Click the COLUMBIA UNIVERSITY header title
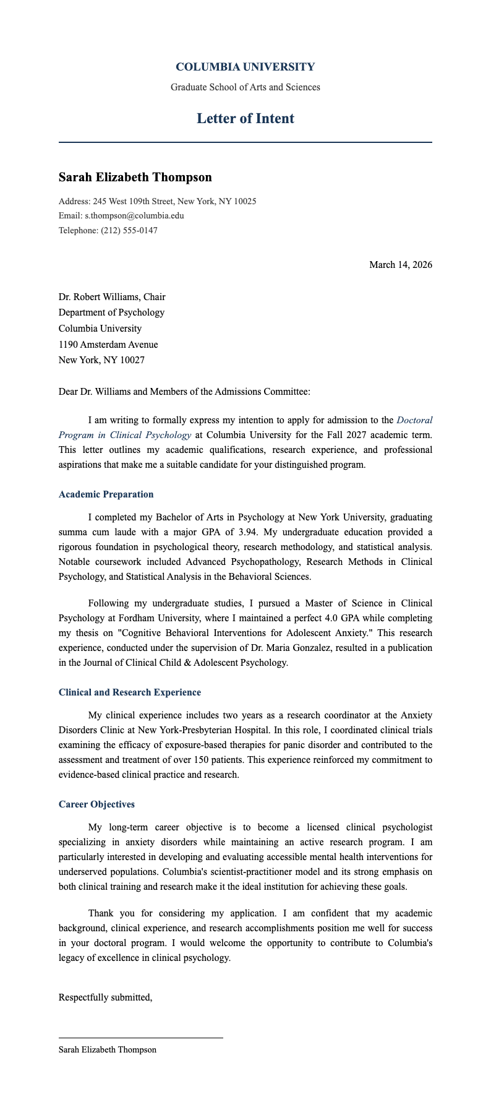(x=245, y=67)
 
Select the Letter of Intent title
(x=245, y=118)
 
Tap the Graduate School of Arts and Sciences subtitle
(x=245, y=87)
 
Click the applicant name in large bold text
(x=135, y=177)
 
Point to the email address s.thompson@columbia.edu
(x=134, y=216)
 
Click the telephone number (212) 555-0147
(x=129, y=231)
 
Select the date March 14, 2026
(x=400, y=265)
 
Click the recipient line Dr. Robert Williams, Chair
(x=112, y=297)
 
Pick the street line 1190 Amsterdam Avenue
(x=108, y=345)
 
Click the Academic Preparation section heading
(x=106, y=494)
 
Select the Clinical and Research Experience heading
(x=129, y=692)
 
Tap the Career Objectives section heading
(x=96, y=804)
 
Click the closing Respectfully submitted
(x=105, y=997)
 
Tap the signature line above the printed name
(x=140, y=1038)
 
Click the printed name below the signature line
(x=107, y=1050)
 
